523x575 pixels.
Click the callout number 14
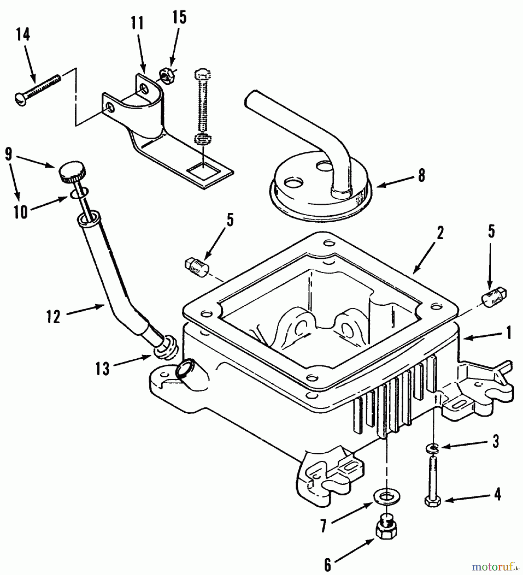pyautogui.click(x=23, y=34)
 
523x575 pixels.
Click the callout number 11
pyautogui.click(x=138, y=24)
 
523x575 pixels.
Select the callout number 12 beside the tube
pyautogui.click(x=53, y=317)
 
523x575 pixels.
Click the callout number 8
pyautogui.click(x=422, y=175)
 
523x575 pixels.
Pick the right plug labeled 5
pyautogui.click(x=494, y=296)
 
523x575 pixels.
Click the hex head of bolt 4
pyautogui.click(x=433, y=501)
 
